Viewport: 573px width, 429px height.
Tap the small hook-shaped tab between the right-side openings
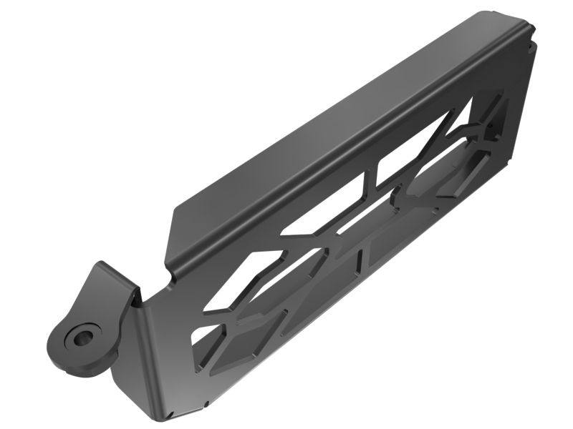tap(494, 132)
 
